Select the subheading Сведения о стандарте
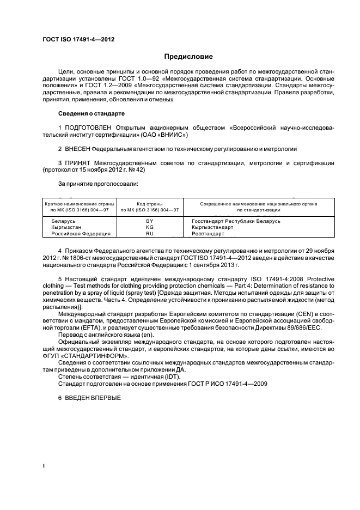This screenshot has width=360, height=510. click(x=91, y=113)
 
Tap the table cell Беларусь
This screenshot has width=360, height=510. click(x=63, y=221)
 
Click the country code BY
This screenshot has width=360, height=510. click(x=149, y=221)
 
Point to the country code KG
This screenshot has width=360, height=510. click(x=149, y=227)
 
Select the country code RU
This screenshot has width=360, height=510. click(x=149, y=233)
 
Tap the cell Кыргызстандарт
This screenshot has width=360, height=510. click(x=212, y=227)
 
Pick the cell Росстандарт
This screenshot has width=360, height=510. click(x=208, y=233)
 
